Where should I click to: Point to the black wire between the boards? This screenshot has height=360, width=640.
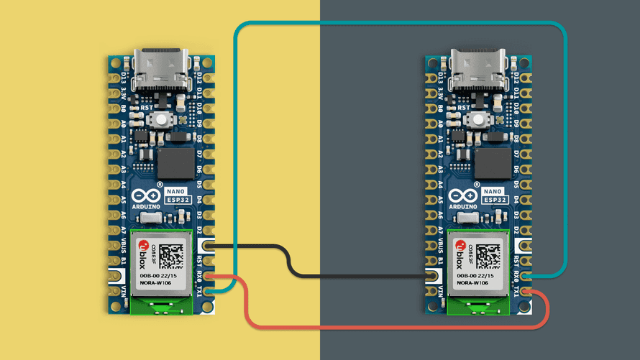point(316,275)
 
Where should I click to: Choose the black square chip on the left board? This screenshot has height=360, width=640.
point(172,163)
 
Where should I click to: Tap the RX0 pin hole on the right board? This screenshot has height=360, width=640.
point(529,275)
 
